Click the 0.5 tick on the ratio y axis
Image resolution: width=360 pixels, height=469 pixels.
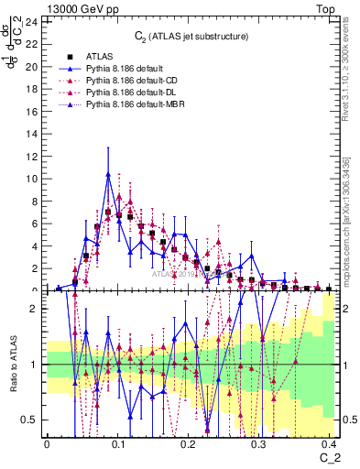(29, 420)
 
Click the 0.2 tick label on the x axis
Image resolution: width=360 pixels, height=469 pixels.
(188, 442)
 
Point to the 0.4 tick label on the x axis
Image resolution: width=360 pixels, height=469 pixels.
(329, 442)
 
